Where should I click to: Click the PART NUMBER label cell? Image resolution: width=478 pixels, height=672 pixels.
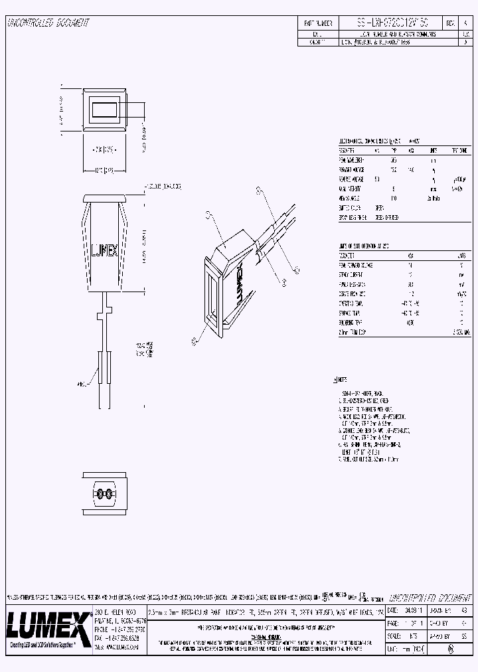tap(317, 23)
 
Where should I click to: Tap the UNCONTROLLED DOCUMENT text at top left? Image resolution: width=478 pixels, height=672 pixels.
tap(47, 23)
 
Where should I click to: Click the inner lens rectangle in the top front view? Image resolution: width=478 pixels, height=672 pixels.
tap(105, 110)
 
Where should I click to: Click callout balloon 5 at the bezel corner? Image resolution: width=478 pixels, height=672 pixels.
tap(193, 341)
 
